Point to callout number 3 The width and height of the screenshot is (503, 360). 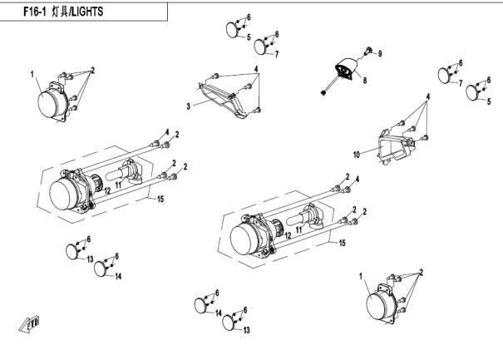[x=189, y=106]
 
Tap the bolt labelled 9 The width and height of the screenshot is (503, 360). [x=367, y=51]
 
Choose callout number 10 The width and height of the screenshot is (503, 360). [x=356, y=155]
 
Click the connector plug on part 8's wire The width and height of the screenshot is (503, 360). [x=322, y=93]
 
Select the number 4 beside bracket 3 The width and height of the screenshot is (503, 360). [x=256, y=67]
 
